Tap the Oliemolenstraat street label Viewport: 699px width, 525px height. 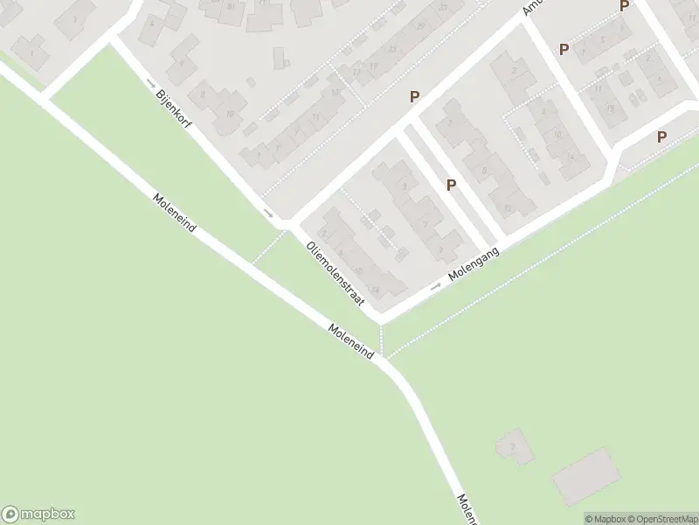(x=335, y=274)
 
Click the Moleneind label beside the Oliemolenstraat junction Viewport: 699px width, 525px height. (x=351, y=341)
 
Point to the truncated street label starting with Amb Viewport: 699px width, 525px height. (x=532, y=6)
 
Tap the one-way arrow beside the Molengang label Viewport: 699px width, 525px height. (x=436, y=285)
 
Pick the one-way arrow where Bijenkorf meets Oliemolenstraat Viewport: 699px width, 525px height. (x=268, y=213)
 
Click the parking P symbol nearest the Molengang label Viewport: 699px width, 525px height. (x=451, y=185)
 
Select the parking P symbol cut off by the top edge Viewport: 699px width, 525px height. (x=624, y=5)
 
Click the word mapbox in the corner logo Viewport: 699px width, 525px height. (x=49, y=514)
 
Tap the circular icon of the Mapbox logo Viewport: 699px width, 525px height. (x=11, y=514)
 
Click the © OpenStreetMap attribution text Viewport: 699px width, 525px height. (x=662, y=519)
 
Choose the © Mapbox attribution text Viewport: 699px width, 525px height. (x=606, y=519)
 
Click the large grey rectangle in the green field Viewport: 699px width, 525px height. (x=587, y=475)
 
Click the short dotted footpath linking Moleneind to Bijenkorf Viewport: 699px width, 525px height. (x=269, y=246)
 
